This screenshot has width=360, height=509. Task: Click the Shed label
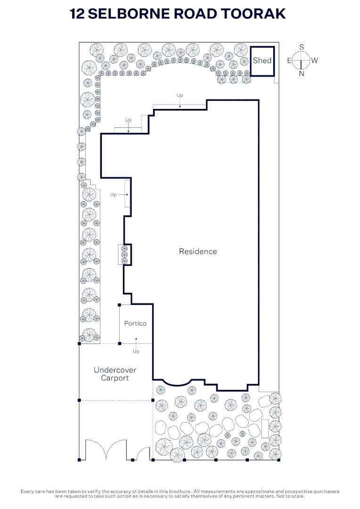click(x=262, y=60)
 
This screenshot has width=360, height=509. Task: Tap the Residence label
click(x=198, y=252)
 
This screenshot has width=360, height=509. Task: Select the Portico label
click(x=135, y=323)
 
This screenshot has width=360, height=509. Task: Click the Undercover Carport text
click(x=115, y=374)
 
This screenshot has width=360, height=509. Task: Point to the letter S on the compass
click(x=302, y=47)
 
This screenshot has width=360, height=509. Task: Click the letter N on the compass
click(x=302, y=74)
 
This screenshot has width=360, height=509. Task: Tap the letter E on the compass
click(x=289, y=60)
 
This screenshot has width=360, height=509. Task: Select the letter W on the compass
click(x=314, y=60)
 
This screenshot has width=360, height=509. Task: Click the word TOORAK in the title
click(x=253, y=14)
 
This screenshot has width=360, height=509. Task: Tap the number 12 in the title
click(x=77, y=14)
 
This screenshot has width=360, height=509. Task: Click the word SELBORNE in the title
click(x=129, y=14)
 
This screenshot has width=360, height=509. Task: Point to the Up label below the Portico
click(x=136, y=351)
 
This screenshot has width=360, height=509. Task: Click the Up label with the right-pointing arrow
click(x=113, y=195)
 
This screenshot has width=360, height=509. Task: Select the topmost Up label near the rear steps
click(x=180, y=95)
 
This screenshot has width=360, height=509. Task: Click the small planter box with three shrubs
click(x=124, y=254)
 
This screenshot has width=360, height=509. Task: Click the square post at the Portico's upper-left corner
click(x=120, y=305)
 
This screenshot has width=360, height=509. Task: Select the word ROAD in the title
click(x=196, y=14)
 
